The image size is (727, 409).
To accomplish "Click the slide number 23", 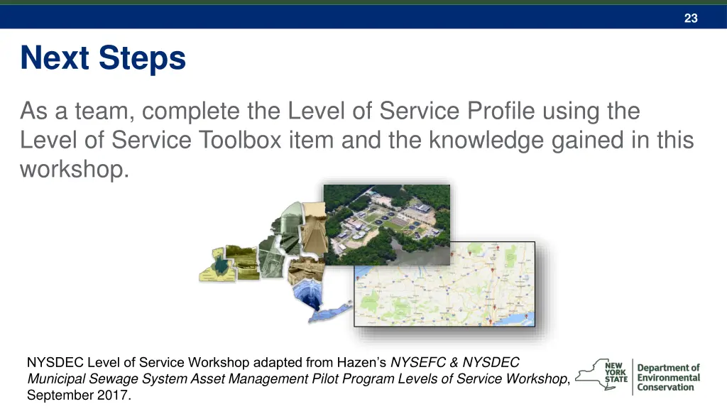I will pos(691,18).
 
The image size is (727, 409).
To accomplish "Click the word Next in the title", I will pos(58,58).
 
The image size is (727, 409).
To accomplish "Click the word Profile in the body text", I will pos(501,111).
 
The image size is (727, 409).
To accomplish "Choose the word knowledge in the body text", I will pos(500,140).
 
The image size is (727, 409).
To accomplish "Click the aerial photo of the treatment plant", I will pos(387,224).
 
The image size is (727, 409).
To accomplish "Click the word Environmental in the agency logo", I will pos(668,378).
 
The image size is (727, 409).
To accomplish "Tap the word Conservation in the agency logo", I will pos(665,388).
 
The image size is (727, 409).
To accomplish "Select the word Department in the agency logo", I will pos(668,368).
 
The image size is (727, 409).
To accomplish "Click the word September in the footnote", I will pos(58,396).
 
